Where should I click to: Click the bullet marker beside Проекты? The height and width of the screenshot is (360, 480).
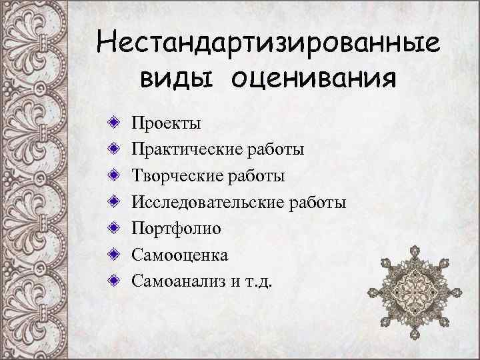116,123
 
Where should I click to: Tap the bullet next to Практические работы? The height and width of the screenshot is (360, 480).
116,149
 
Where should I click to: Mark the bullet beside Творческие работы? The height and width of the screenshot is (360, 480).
116,176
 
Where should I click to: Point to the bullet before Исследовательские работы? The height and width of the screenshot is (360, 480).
116,202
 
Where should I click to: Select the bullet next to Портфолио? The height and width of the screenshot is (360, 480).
116,229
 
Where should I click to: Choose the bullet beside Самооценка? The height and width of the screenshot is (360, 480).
116,255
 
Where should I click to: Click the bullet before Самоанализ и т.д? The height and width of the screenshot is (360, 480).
116,281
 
